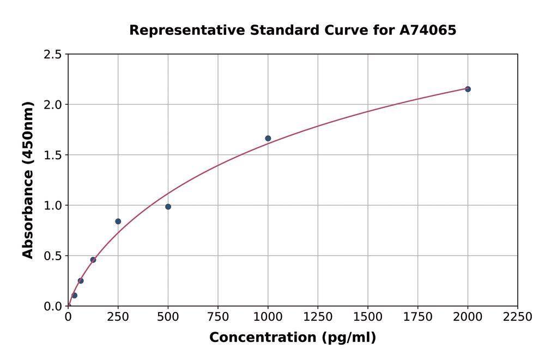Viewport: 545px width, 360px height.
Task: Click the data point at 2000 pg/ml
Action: point(468,89)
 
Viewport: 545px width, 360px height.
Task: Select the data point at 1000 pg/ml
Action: point(268,138)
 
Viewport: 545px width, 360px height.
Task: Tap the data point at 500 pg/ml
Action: point(168,207)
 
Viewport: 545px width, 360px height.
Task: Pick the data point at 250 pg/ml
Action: point(118,221)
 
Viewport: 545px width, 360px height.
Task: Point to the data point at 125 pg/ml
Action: point(93,260)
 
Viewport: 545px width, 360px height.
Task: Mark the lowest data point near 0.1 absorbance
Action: point(75,296)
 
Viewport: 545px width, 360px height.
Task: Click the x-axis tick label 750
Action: point(218,317)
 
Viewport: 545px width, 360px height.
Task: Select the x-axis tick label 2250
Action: point(517,317)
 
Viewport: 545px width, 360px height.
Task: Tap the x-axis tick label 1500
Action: point(368,317)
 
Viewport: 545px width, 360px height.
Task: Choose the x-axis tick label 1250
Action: point(318,317)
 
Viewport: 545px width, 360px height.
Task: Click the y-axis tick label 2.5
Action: point(53,55)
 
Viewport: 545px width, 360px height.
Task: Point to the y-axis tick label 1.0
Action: point(53,206)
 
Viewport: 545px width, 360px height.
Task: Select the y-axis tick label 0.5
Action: point(53,256)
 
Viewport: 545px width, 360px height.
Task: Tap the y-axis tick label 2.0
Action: point(53,105)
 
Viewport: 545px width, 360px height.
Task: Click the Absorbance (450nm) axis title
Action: point(28,180)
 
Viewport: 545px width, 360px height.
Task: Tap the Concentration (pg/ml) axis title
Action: point(293,338)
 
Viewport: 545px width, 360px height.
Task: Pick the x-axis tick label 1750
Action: point(418,317)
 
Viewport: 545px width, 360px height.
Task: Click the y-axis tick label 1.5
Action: point(53,155)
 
